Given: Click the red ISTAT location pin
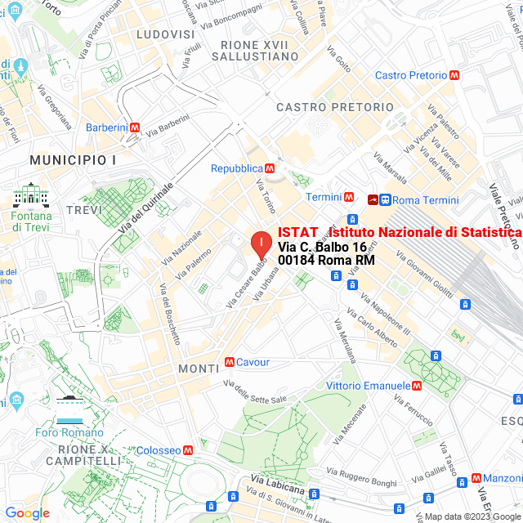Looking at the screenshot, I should click(260, 244).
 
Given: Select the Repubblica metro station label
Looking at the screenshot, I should click(236, 168).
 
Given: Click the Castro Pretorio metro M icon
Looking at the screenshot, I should click(454, 75).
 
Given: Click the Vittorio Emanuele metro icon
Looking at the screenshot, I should click(417, 386).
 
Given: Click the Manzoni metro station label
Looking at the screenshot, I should click(502, 478).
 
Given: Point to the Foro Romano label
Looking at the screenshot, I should click(69, 432).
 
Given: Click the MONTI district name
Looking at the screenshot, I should click(199, 369).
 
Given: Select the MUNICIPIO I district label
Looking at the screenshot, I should click(72, 159).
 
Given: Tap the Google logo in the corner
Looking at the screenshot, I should click(27, 513).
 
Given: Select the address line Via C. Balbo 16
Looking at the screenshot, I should click(322, 247).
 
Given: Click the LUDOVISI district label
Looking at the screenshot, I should click(166, 35).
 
